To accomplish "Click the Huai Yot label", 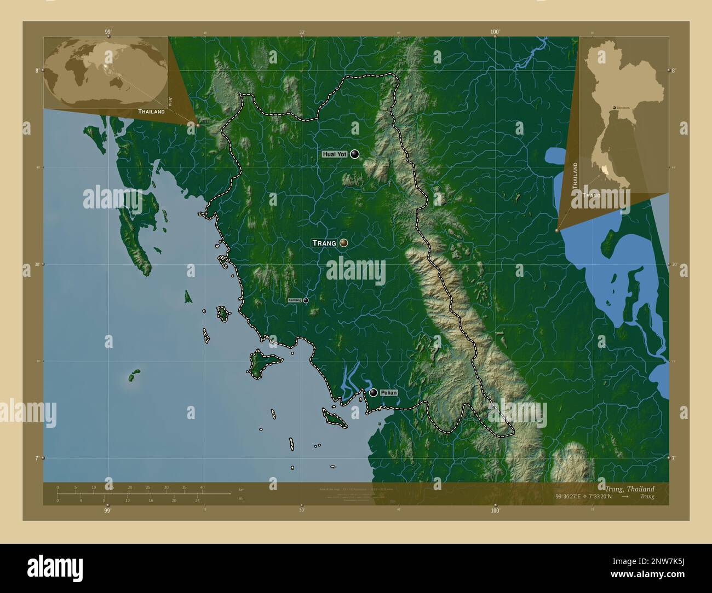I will click(x=335, y=155).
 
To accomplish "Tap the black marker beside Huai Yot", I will click(x=355, y=154).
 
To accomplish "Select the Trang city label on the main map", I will click(x=324, y=243).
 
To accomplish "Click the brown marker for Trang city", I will click(x=344, y=242).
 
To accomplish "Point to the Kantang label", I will click(x=295, y=300).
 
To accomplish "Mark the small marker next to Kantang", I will click(x=306, y=300).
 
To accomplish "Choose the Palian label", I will click(x=388, y=393).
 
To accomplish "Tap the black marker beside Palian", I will click(x=374, y=392).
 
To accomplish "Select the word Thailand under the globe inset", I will click(x=151, y=112).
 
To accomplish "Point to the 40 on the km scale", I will click(x=202, y=487).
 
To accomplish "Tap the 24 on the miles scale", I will click(x=197, y=500).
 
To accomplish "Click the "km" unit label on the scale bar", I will click(x=242, y=489).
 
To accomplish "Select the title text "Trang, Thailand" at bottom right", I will click(x=629, y=489).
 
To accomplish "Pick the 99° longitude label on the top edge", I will click(x=108, y=32).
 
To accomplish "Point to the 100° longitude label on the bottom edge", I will click(x=495, y=511).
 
